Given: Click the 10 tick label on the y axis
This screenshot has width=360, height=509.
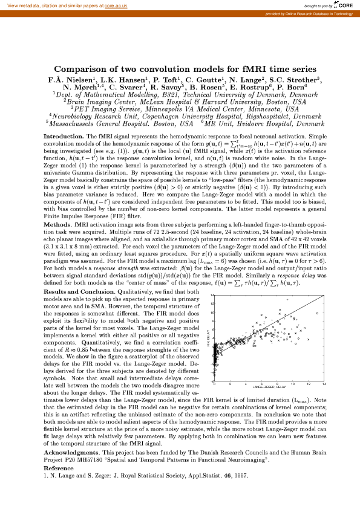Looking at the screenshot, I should pos(212,313).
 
